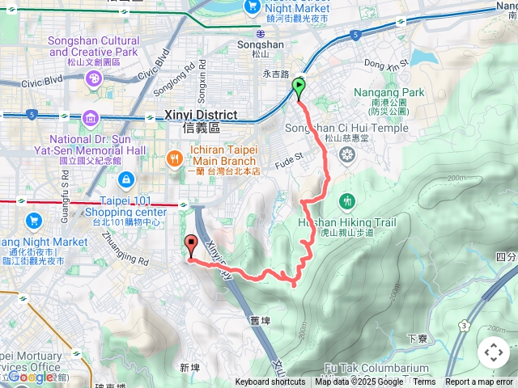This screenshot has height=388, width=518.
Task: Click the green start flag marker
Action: (299, 86)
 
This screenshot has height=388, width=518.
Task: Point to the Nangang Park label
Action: (388, 92)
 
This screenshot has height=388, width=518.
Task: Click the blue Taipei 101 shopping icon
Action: (125, 179)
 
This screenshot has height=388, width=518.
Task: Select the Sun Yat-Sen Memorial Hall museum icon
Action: (91, 120)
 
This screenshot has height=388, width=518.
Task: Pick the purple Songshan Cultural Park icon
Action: (94, 78)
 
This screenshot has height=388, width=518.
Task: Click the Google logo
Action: (31, 377)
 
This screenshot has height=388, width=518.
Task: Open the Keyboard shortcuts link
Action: (270, 382)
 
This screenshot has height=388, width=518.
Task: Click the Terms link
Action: (424, 382)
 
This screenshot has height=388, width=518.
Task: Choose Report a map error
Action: (479, 382)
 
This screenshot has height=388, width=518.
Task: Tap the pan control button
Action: (494, 352)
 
